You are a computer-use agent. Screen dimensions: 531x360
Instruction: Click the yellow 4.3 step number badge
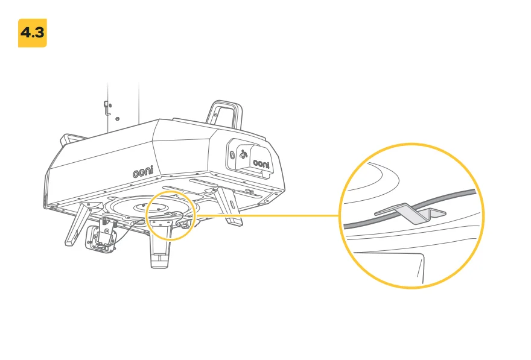coord(33,33)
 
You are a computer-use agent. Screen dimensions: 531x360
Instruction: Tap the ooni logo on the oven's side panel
coord(142,172)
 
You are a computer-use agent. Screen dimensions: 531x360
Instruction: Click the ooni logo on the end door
coord(261,164)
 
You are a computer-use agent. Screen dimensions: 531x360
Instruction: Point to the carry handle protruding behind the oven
coord(73,139)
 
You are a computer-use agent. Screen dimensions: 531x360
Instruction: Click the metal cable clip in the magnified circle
coord(410,213)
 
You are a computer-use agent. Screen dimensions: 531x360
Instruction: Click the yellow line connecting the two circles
coord(267,215)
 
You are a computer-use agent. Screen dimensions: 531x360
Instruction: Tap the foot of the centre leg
coord(160,261)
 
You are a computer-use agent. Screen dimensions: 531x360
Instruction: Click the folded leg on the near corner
coord(79,223)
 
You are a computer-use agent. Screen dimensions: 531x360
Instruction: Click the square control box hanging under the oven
coord(101,239)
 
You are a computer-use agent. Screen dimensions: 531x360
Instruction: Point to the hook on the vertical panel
coord(106,108)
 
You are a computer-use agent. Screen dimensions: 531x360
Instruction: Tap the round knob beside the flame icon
coord(232,156)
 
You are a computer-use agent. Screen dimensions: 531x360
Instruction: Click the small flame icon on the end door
coord(243,154)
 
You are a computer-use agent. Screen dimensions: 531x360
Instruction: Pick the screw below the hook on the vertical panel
coord(117,119)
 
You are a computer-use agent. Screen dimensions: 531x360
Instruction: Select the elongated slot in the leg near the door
coord(232,204)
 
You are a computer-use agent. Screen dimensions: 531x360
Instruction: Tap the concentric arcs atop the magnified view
coord(372,176)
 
